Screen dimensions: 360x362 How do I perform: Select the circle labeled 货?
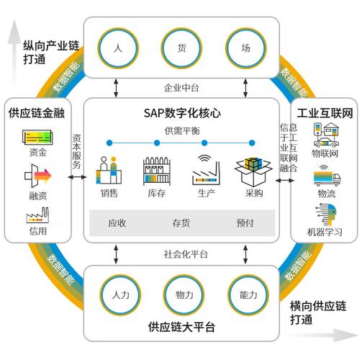pyautogui.click(x=181, y=48)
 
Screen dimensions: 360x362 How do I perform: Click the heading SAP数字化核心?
pyautogui.click(x=181, y=113)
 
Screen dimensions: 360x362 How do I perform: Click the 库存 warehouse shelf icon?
pyautogui.click(x=158, y=171)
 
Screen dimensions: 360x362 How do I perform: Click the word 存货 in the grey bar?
pyautogui.click(x=181, y=222)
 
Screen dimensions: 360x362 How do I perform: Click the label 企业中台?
pyautogui.click(x=181, y=88)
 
